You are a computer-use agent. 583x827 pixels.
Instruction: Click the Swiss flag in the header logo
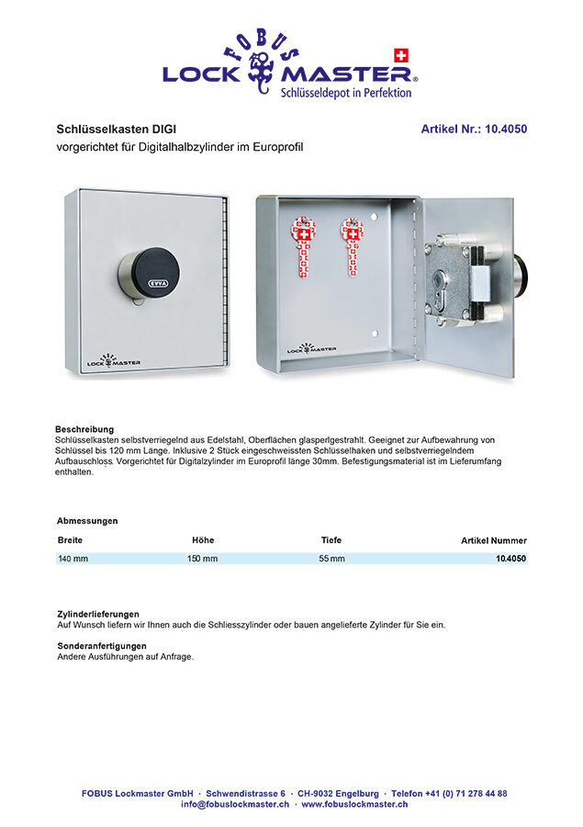click(399, 55)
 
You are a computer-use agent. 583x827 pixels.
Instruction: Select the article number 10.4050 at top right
click(474, 130)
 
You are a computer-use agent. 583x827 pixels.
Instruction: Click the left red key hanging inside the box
click(303, 246)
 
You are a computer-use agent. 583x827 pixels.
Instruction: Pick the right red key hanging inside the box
click(351, 246)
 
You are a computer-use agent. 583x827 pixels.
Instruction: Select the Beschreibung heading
click(84, 429)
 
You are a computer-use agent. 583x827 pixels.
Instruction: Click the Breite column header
click(70, 540)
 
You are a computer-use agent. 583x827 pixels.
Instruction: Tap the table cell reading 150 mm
click(202, 559)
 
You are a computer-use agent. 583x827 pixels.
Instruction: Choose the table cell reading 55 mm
click(331, 559)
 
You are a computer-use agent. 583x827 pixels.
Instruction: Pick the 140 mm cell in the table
click(73, 559)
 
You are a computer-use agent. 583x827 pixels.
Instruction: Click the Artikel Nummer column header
click(493, 541)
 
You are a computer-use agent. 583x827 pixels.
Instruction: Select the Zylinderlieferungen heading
click(98, 613)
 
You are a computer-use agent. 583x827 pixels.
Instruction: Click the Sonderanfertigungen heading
click(101, 646)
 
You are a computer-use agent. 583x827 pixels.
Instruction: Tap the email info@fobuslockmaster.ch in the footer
click(234, 804)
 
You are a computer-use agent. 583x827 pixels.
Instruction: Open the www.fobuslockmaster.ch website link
click(354, 804)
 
